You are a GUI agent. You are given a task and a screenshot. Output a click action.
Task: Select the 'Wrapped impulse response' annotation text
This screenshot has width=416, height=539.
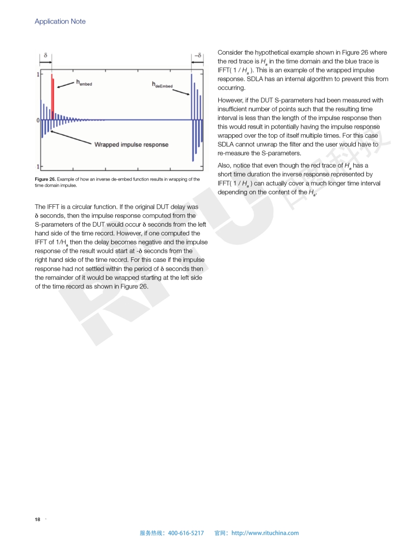tap(131, 144)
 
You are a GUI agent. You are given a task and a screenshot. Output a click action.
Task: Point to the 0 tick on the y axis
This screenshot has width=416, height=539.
tap(37, 120)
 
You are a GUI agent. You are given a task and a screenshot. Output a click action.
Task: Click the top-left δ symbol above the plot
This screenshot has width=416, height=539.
tap(46, 55)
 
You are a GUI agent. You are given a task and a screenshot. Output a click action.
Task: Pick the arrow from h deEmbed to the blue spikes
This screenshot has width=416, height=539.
tap(181, 92)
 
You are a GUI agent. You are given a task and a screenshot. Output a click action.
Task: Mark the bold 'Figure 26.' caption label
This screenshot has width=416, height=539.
tap(45, 179)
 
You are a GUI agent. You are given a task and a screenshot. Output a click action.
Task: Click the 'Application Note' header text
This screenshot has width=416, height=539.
tap(60, 21)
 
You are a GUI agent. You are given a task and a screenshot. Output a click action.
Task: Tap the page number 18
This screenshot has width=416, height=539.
tap(37, 520)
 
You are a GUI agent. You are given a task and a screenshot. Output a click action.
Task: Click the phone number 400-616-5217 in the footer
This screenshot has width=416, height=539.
tap(186, 533)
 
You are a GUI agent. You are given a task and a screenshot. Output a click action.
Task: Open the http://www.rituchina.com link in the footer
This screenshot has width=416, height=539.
tap(265, 533)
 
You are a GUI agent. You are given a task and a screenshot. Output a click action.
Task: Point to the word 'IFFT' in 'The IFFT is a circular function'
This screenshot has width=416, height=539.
tap(53, 207)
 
